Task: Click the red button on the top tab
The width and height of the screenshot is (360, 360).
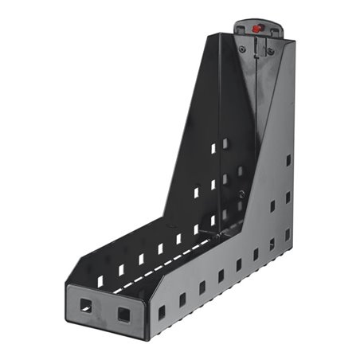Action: tap(257, 28)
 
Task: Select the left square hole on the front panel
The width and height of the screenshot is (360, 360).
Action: tap(85, 304)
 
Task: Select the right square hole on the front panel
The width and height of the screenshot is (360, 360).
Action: tap(124, 314)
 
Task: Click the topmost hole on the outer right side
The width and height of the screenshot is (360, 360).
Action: tap(288, 160)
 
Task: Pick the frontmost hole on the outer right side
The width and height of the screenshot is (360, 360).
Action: tap(162, 312)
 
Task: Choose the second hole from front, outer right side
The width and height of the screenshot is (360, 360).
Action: tap(182, 299)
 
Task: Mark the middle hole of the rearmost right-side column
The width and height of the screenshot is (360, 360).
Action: tap(288, 197)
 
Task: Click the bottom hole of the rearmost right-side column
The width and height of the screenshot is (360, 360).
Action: tap(288, 234)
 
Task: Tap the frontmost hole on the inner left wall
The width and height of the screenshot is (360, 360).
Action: tap(100, 281)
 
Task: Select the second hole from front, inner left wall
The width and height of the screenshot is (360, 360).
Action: tap(121, 270)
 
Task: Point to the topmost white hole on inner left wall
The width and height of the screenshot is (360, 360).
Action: tap(213, 148)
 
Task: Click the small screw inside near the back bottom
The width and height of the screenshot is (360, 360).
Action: tap(241, 194)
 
